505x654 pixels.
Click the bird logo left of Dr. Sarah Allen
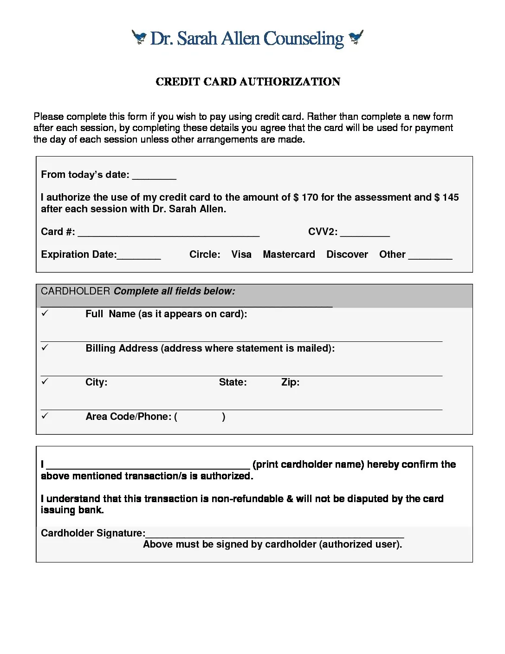pyautogui.click(x=139, y=37)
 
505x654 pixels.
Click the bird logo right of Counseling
pyautogui.click(x=356, y=37)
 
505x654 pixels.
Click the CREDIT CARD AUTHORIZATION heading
pyautogui.click(x=248, y=82)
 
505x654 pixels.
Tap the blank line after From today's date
pyautogui.click(x=154, y=177)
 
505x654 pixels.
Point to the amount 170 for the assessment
pyautogui.click(x=310, y=197)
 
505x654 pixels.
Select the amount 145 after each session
pyautogui.click(x=450, y=197)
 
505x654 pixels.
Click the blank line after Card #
pyautogui.click(x=168, y=234)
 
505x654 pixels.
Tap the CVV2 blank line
pyautogui.click(x=365, y=234)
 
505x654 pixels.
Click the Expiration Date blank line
pyautogui.click(x=139, y=256)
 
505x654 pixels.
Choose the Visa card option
pyautogui.click(x=241, y=255)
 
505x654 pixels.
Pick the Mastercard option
pyautogui.click(x=289, y=255)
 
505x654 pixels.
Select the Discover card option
pyautogui.click(x=347, y=255)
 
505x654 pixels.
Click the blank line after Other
pyautogui.click(x=430, y=256)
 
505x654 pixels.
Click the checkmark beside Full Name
pyautogui.click(x=45, y=313)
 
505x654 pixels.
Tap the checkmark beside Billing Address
pyautogui.click(x=45, y=347)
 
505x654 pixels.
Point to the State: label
pyautogui.click(x=233, y=382)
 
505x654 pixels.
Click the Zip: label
pyautogui.click(x=290, y=382)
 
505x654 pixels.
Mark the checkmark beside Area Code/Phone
pyautogui.click(x=45, y=416)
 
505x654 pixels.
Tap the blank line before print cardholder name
pyautogui.click(x=148, y=466)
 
